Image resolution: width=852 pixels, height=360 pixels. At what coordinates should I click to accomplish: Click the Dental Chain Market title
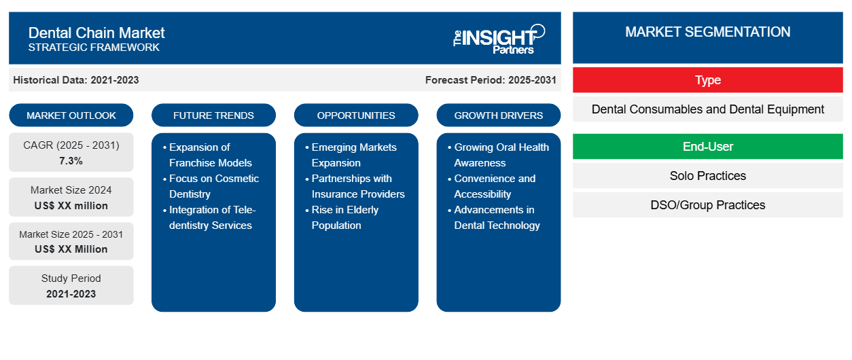coord(96,32)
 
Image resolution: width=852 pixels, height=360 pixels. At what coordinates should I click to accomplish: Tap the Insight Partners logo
coord(499,38)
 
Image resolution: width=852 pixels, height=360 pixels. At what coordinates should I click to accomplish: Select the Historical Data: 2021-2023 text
coord(75,80)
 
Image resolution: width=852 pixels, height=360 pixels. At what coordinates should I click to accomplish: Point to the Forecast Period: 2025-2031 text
coord(491,80)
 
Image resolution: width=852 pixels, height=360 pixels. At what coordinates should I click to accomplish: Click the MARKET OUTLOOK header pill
coord(71,115)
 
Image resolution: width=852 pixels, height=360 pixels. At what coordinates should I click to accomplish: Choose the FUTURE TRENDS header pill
coord(213,115)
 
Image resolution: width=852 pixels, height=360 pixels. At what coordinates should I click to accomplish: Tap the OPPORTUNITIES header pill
coord(356,115)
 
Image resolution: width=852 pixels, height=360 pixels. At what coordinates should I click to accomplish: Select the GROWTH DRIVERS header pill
coord(499,115)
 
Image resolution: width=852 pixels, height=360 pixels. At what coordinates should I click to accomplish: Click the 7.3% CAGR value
coord(71,161)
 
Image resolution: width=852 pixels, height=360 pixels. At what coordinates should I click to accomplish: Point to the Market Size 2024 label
coord(71,190)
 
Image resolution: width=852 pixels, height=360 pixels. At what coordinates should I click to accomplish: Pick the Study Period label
coord(71,278)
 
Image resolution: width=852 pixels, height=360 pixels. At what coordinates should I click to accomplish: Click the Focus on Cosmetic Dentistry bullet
coord(213,186)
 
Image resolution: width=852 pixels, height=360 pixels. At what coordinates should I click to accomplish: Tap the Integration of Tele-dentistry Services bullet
coord(213,217)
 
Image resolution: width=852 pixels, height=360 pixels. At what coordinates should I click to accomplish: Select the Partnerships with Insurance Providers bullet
coord(357,186)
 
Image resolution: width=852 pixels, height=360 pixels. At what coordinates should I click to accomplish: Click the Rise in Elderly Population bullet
coord(344,217)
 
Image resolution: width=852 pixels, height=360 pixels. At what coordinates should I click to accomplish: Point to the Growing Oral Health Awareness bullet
coord(501,155)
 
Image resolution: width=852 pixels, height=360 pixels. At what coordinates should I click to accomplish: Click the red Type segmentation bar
coord(707,80)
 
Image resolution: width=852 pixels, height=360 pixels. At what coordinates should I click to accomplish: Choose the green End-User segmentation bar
coord(707,147)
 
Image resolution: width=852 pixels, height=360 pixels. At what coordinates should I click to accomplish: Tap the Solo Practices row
coord(707,176)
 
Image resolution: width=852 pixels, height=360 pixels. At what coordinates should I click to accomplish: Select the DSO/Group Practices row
coord(707,205)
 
